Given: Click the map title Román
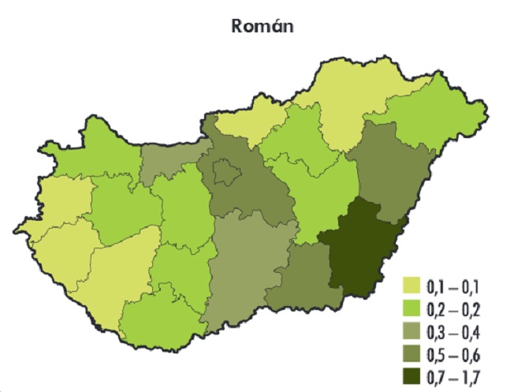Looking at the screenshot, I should click(262, 26).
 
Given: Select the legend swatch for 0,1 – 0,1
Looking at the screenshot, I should click(411, 284).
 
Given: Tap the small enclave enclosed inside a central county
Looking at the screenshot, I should click(226, 171).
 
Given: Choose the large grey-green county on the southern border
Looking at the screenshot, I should click(244, 268).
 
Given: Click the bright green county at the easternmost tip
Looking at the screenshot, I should click(441, 122).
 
